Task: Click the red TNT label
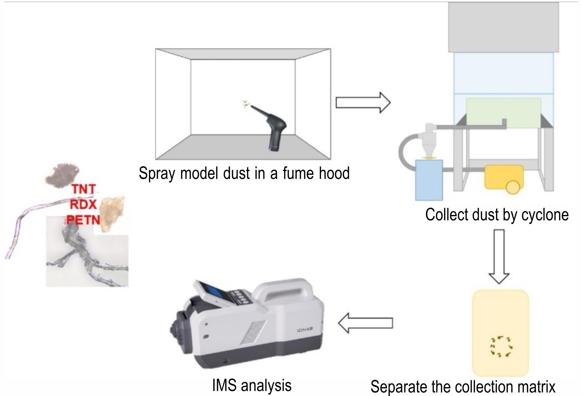pyautogui.click(x=84, y=189)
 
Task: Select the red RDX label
pyautogui.click(x=83, y=204)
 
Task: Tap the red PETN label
pyautogui.click(x=83, y=220)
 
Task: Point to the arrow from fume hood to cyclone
pyautogui.click(x=363, y=103)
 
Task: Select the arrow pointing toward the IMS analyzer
pyautogui.click(x=365, y=323)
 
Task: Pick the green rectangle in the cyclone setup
pyautogui.click(x=503, y=113)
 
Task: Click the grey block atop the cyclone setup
pyautogui.click(x=503, y=27)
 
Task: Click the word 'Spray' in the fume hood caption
pyautogui.click(x=157, y=173)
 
